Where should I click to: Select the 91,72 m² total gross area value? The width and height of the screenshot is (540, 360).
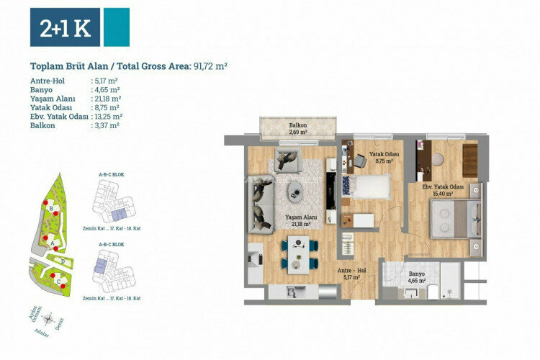[210, 66]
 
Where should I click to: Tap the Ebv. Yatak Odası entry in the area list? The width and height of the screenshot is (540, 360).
[60, 116]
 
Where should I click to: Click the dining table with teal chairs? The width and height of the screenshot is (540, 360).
[299, 256]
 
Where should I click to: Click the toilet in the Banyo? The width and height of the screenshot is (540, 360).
[433, 289]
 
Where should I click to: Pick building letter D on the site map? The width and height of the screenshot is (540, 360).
[63, 261]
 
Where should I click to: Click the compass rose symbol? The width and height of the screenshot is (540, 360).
[49, 318]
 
